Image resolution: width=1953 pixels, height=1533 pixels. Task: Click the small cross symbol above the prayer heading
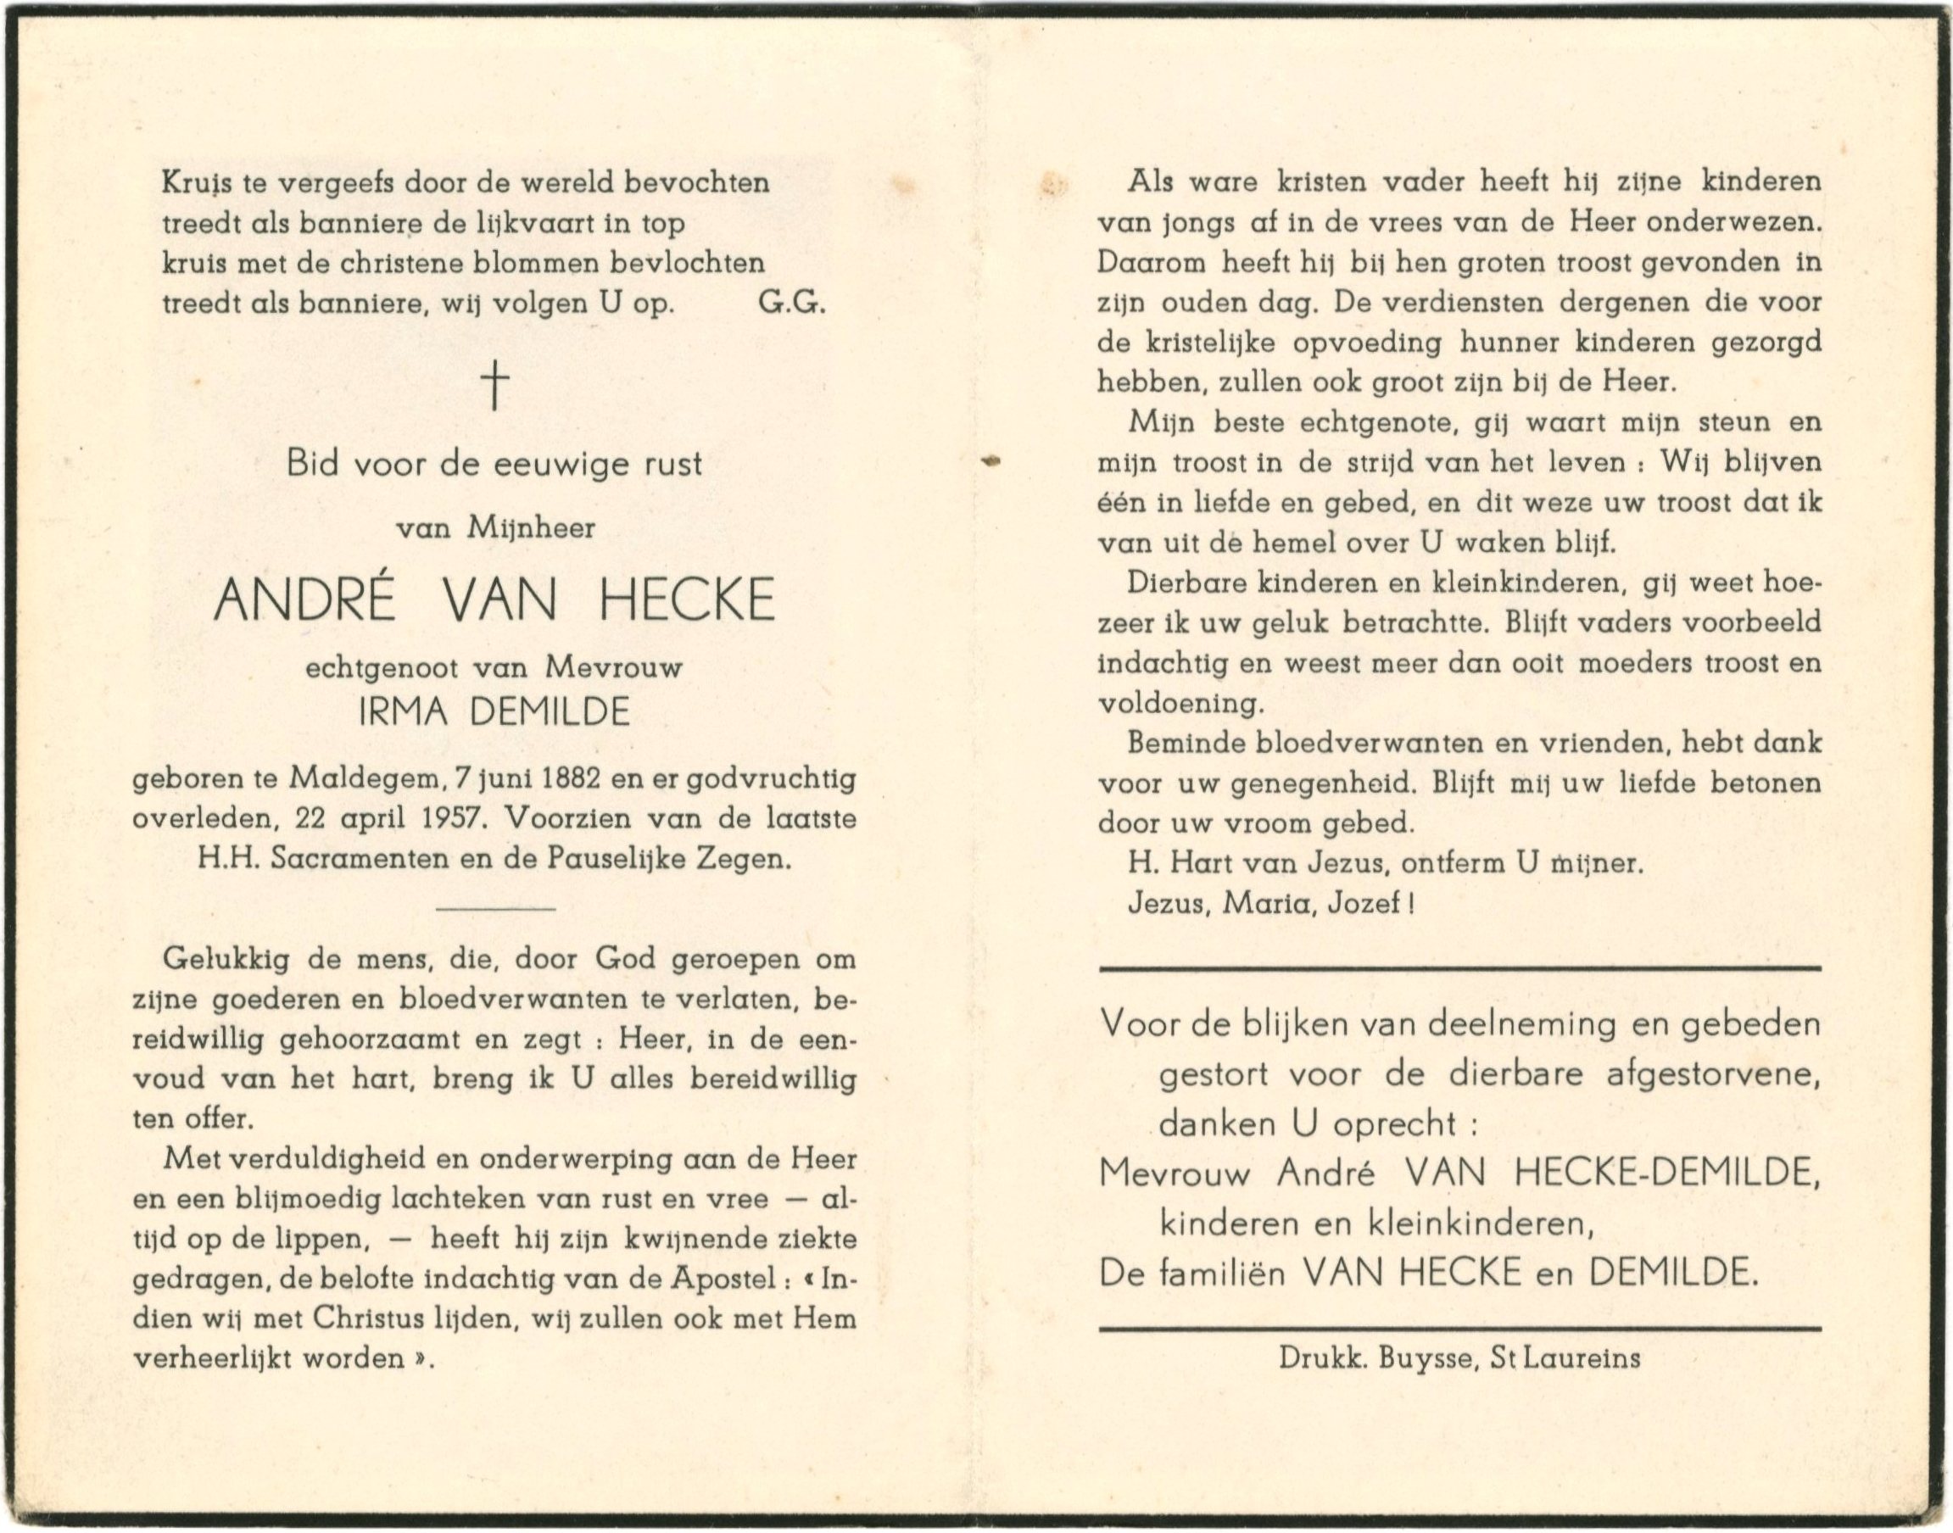[494, 384]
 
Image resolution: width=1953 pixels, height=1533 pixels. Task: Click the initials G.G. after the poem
[790, 304]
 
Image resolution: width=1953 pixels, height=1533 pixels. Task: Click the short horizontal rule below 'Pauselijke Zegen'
[494, 910]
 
